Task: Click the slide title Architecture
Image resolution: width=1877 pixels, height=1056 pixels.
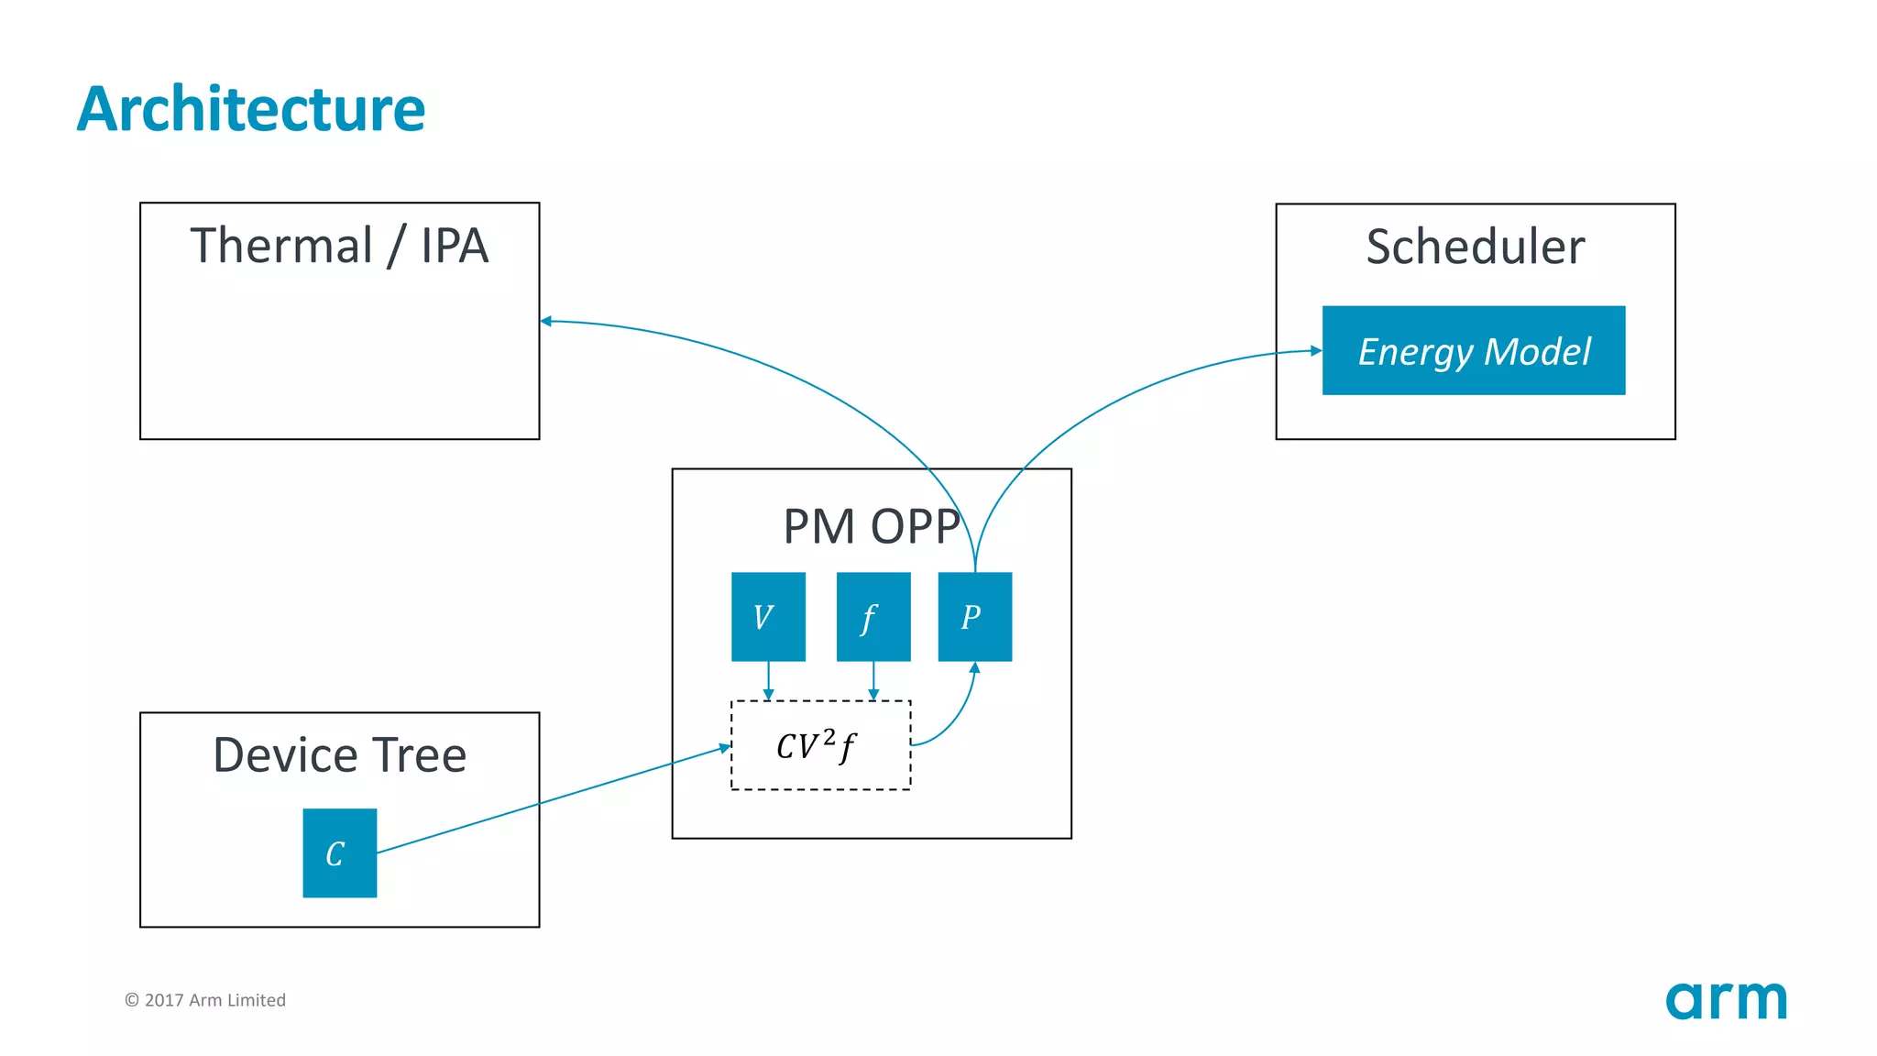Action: tap(250, 109)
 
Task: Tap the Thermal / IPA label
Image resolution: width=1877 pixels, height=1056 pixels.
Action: tap(339, 246)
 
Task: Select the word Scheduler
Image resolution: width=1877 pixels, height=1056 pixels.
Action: tap(1475, 247)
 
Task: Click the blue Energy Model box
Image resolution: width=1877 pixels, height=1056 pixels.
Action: tap(1473, 351)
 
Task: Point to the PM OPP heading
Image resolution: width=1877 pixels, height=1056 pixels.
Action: tap(871, 526)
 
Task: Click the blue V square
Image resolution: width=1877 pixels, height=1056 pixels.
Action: tap(768, 617)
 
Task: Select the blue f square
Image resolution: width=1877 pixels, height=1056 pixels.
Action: tap(873, 617)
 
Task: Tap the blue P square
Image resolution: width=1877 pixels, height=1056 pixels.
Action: tap(974, 617)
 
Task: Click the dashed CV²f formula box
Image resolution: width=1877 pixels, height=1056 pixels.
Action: tap(820, 745)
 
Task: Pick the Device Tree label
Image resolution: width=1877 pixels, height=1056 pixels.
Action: tap(339, 755)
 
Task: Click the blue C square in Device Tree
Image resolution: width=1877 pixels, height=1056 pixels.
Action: tap(339, 852)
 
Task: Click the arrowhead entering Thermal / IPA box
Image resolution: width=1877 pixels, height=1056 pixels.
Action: tap(546, 321)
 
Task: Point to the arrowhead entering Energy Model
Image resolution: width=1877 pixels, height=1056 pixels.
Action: tap(1316, 350)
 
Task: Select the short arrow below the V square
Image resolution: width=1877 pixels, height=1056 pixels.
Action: tap(768, 681)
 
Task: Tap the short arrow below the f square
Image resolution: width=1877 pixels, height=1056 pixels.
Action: tap(873, 681)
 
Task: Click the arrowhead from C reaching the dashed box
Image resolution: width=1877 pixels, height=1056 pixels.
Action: tap(724, 748)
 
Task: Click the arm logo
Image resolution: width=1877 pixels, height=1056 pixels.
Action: tap(1726, 1000)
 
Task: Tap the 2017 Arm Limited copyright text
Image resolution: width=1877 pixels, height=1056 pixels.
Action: tap(205, 1000)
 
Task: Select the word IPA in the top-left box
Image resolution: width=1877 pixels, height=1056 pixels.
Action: tap(455, 246)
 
